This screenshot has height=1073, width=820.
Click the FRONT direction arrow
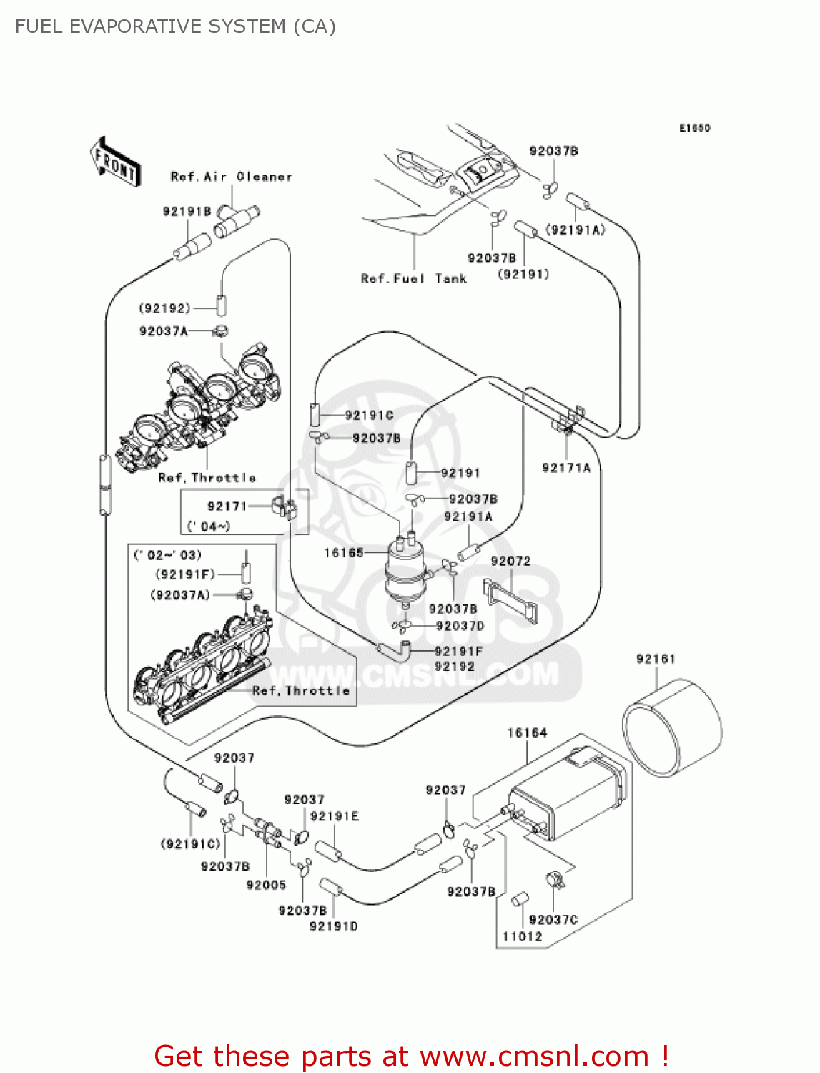coord(115,162)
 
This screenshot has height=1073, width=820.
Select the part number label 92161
coord(655,659)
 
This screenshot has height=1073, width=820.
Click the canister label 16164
coord(527,733)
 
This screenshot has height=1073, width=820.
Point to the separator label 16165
coord(344,553)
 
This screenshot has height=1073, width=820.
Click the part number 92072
coord(510,562)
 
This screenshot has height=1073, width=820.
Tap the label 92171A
coord(566,468)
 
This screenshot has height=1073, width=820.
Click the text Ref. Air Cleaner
coord(231,177)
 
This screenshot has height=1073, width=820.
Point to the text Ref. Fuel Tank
coord(413,279)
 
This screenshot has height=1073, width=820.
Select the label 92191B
coord(187,211)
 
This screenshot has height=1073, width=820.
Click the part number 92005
coord(266,885)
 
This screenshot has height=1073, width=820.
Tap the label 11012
coord(522,936)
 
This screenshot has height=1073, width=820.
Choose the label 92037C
coord(553,920)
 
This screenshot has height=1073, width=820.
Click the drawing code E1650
coord(694,128)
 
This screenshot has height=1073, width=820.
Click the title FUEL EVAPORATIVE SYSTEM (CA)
coord(175,26)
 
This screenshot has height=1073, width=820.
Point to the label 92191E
coord(335,817)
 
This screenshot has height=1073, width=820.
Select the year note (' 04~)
coord(209,526)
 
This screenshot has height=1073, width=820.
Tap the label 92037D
coord(460,626)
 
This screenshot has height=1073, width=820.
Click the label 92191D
coord(333,926)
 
